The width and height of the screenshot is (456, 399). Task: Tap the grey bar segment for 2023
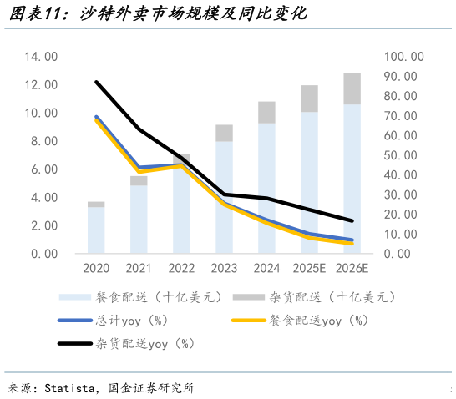224,133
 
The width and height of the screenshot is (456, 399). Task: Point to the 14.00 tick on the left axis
41,57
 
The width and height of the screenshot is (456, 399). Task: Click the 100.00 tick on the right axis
405,57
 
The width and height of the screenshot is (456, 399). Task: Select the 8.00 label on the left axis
41,141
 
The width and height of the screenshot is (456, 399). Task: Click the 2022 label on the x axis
181,269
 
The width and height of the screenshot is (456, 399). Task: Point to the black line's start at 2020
96,82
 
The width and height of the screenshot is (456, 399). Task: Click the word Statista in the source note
73,388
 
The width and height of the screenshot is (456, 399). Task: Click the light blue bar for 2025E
309,184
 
